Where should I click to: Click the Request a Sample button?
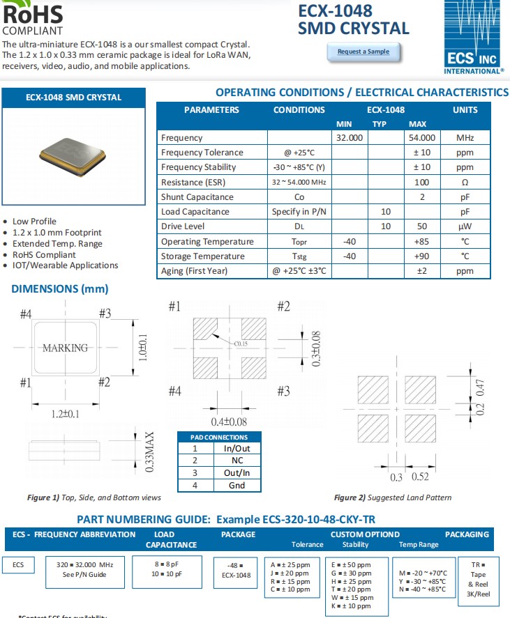(x=363, y=52)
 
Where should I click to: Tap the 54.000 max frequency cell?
(x=422, y=138)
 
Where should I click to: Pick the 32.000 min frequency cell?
(x=349, y=138)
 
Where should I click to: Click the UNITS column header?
(x=465, y=109)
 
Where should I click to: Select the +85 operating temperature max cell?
(x=421, y=242)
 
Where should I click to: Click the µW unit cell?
(x=465, y=227)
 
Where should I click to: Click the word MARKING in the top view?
(x=66, y=348)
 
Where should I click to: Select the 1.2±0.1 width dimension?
(x=66, y=414)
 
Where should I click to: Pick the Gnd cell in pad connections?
(x=237, y=485)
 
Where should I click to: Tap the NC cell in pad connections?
(x=237, y=461)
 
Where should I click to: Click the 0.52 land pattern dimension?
(x=420, y=477)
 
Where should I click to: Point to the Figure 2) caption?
(x=392, y=497)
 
